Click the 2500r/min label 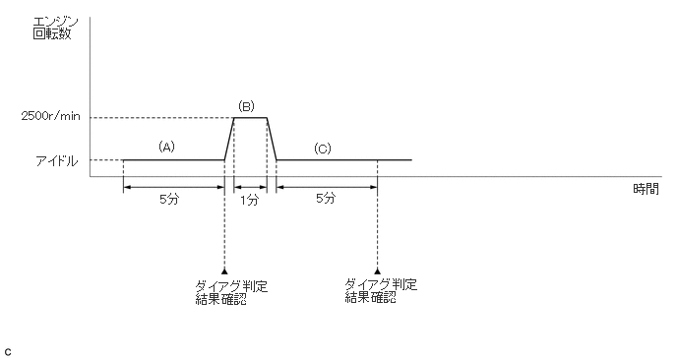click(50, 116)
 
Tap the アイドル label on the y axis click(56, 161)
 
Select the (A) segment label click(166, 147)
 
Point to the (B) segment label click(246, 106)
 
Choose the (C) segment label click(322, 149)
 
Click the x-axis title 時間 click(646, 189)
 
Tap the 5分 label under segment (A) click(169, 199)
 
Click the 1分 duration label click(250, 200)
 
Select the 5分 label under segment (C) click(325, 198)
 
